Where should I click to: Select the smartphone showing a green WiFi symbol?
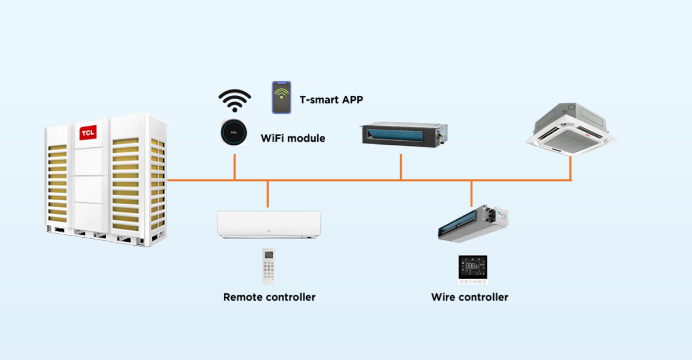[x=281, y=97]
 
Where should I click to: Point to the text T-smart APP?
[x=331, y=99]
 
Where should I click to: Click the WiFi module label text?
[x=293, y=138]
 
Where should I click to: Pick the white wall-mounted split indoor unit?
[x=269, y=224]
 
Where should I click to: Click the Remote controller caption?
[x=269, y=298]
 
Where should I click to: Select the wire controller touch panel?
[x=473, y=269]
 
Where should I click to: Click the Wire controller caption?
[x=469, y=298]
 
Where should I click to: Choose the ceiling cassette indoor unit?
[x=573, y=130]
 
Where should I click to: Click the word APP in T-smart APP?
[x=351, y=99]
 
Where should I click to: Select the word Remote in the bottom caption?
[x=243, y=298]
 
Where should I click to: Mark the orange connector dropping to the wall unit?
[x=268, y=194]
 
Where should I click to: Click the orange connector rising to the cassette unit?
[x=570, y=168]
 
